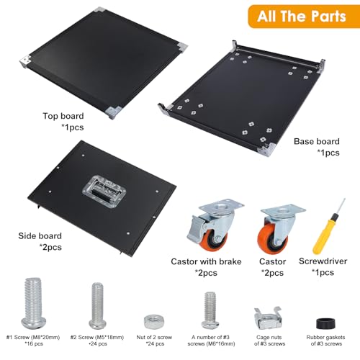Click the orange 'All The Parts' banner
(x=304, y=17)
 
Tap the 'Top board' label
(x=63, y=116)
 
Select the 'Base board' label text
(x=317, y=142)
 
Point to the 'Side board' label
(x=40, y=236)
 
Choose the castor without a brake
(x=279, y=229)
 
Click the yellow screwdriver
(x=328, y=228)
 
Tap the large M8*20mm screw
(x=33, y=303)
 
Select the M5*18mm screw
(x=98, y=306)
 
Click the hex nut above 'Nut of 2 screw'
(x=154, y=322)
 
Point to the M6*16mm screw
(x=210, y=310)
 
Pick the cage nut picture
(x=268, y=318)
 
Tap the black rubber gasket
(x=325, y=323)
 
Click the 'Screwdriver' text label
(x=323, y=261)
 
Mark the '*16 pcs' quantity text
(x=34, y=343)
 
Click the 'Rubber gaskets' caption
(x=325, y=337)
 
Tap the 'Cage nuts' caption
(x=269, y=337)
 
